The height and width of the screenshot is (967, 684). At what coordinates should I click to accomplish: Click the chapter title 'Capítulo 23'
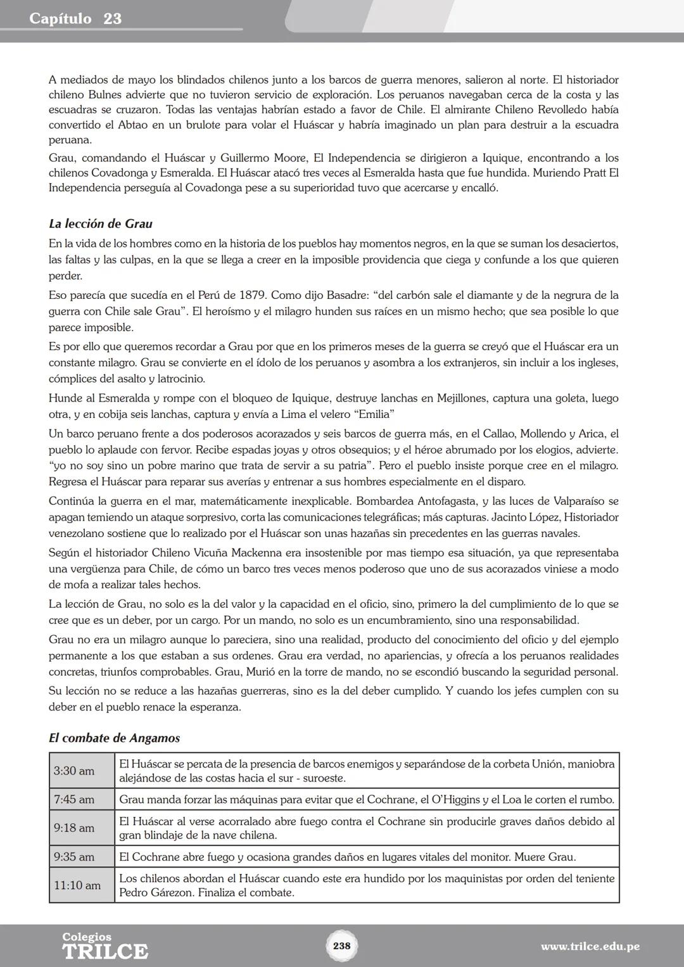(75, 19)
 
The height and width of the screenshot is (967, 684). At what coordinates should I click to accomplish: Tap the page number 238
(341, 945)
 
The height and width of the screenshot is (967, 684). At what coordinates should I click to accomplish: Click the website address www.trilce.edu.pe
(590, 947)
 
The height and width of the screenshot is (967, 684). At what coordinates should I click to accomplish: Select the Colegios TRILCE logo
(105, 946)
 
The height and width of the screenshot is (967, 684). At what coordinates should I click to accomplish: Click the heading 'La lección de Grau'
(100, 224)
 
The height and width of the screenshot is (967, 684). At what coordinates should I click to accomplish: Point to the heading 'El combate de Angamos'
(114, 738)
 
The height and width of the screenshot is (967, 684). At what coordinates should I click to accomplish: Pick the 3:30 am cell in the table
(74, 771)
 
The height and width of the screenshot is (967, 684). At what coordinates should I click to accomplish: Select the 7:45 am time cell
(74, 799)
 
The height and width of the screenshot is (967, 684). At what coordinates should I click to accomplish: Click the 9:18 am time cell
(74, 828)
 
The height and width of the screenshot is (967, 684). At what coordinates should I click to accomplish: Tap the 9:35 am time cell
(74, 857)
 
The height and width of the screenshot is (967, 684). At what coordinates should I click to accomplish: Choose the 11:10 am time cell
(77, 885)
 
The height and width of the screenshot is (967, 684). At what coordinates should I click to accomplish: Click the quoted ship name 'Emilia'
(373, 414)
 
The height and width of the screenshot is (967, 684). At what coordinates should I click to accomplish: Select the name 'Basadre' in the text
(329, 295)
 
